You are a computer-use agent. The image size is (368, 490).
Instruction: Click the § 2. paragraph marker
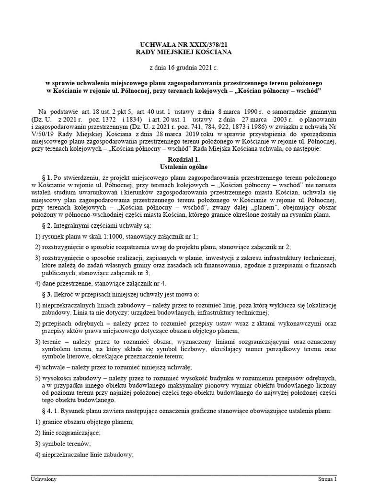tap(47, 225)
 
